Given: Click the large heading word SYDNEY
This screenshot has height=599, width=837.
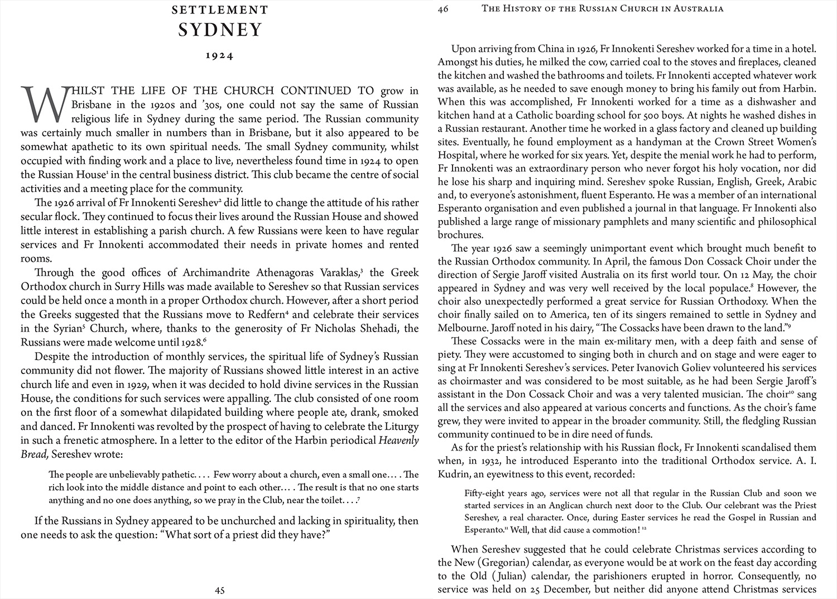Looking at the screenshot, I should [x=220, y=30].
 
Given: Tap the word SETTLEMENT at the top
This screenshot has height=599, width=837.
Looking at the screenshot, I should [x=220, y=10].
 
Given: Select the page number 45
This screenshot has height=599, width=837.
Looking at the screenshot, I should [x=220, y=590].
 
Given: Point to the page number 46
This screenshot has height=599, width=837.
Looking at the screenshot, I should [x=444, y=8].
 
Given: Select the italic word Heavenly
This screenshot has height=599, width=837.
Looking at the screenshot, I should [x=398, y=440].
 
